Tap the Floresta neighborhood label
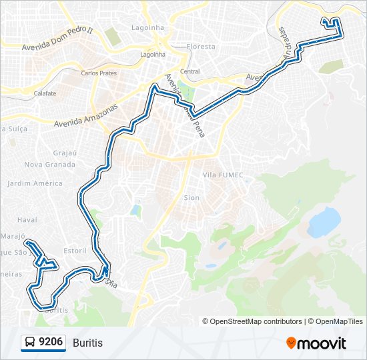(201, 47)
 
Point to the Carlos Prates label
(99, 72)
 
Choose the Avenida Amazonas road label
(85, 115)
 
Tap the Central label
(190, 71)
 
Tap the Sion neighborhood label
(192, 198)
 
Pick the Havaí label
(27, 219)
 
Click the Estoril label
(75, 251)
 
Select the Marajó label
(13, 236)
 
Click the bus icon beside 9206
(30, 343)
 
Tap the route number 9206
(51, 343)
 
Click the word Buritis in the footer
(88, 343)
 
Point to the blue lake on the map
(324, 221)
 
